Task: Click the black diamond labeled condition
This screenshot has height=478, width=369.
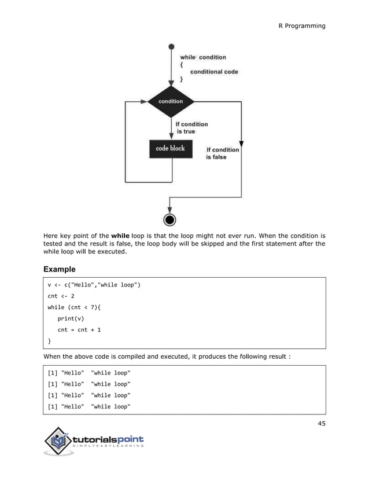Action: click(170, 101)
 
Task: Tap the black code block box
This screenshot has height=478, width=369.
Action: click(170, 149)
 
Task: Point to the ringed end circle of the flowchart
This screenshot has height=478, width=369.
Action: click(170, 220)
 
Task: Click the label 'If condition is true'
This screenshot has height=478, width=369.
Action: click(191, 128)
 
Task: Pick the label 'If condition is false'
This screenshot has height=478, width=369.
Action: click(223, 153)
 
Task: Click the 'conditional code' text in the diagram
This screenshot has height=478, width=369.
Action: click(214, 72)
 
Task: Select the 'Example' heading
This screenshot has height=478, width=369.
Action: click(60, 270)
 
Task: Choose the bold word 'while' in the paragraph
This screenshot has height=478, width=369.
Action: click(120, 236)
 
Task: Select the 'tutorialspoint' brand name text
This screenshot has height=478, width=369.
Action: click(108, 440)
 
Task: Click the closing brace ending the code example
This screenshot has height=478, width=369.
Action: click(49, 341)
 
